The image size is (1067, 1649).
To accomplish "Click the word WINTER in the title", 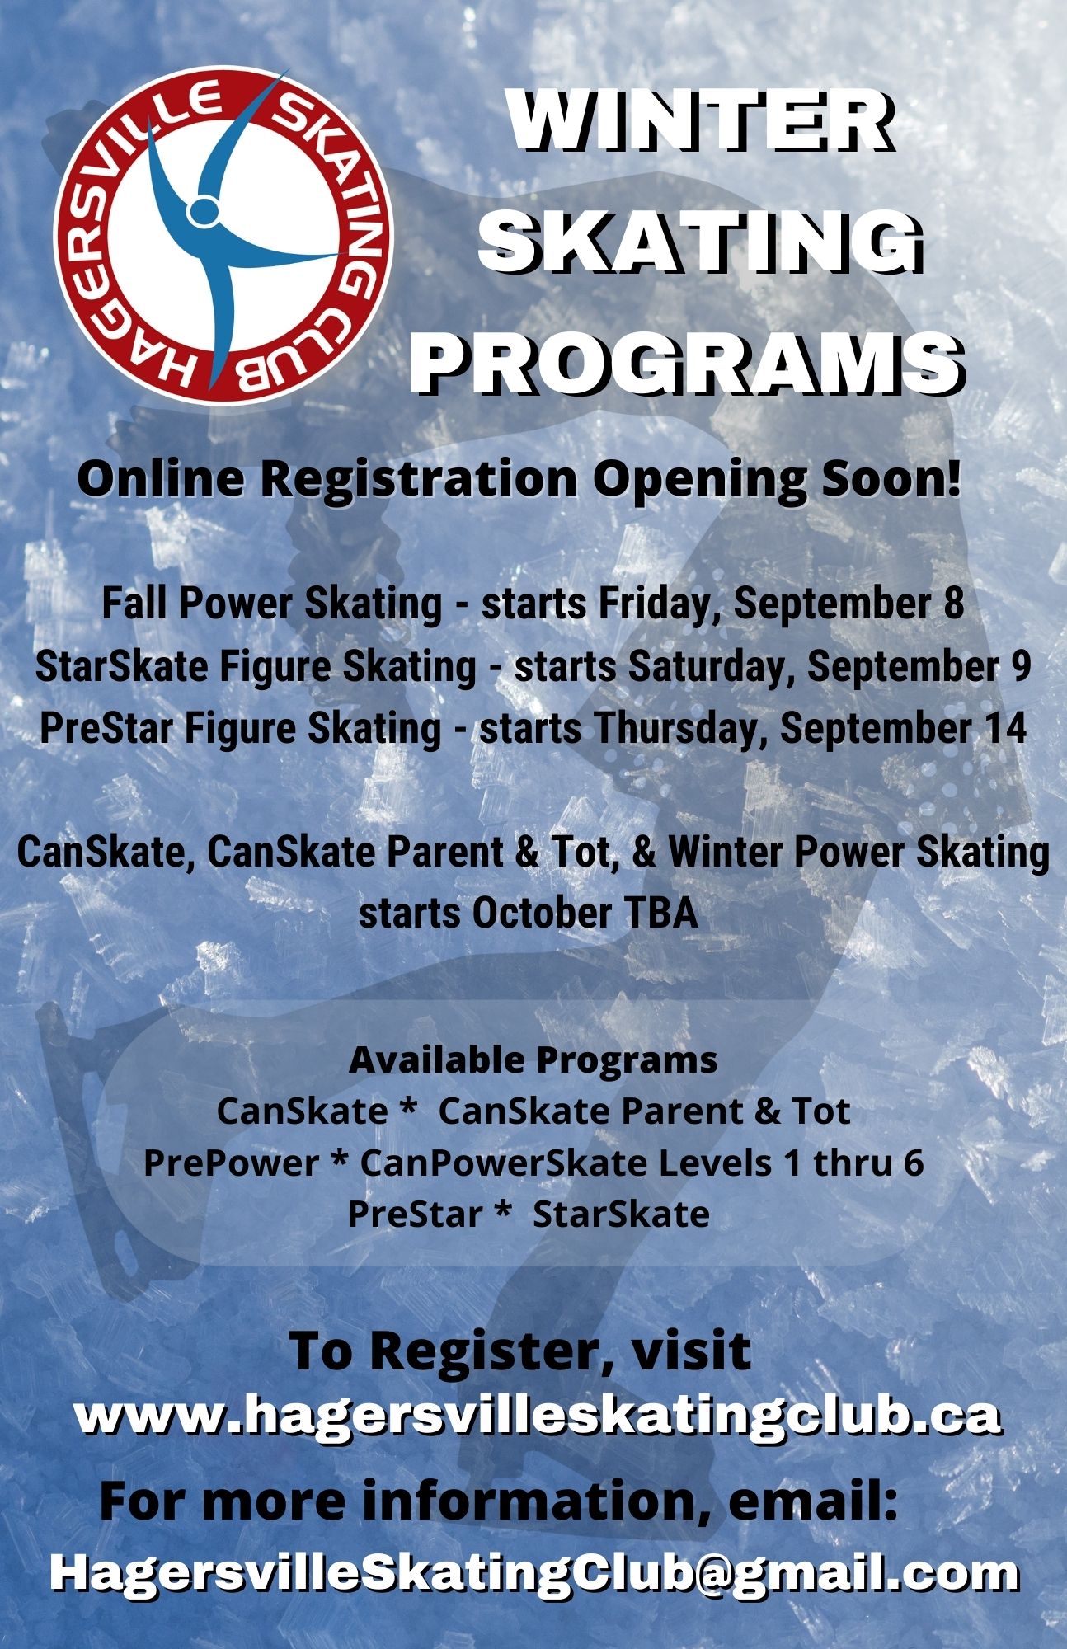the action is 701,121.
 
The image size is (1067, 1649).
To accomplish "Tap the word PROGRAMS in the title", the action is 687,360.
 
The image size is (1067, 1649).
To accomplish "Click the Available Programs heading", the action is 533,1060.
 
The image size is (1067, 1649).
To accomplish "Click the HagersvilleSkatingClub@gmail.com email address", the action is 533,1572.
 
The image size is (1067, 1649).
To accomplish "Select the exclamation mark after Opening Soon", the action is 953,477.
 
